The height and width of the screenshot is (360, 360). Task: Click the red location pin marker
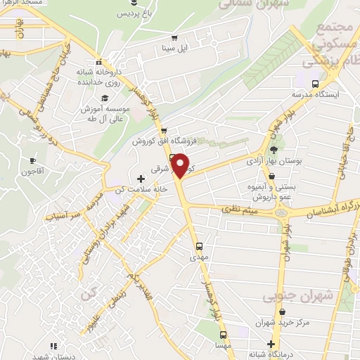point(181,166)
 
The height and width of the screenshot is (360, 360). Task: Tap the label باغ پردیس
point(134,13)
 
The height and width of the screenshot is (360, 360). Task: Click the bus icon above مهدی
point(200,247)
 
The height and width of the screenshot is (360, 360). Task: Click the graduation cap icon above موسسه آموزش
point(104,98)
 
